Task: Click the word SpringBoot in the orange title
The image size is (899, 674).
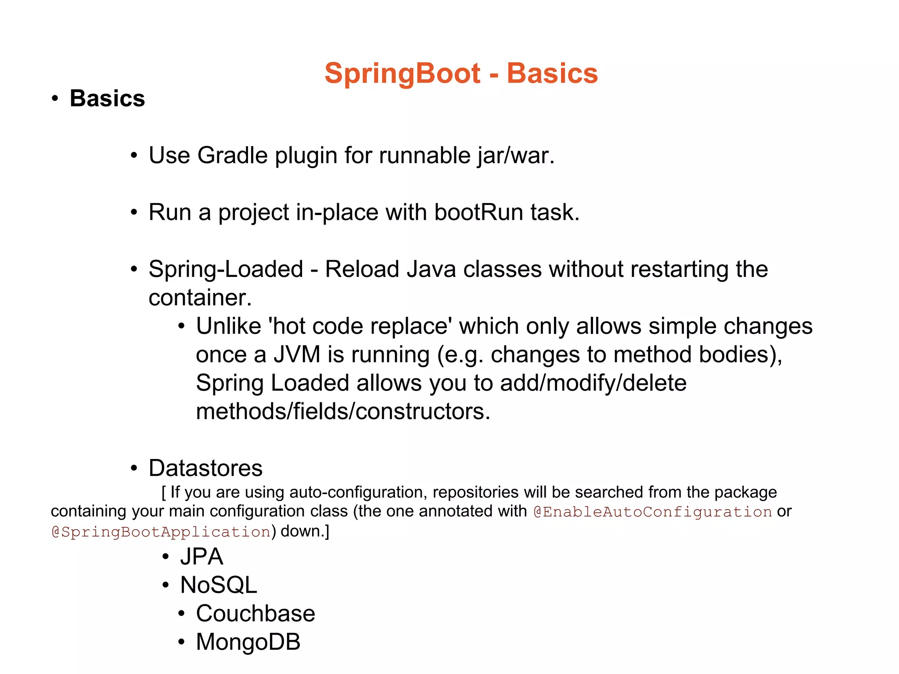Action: pos(402,73)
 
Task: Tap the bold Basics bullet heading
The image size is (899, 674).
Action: pos(107,98)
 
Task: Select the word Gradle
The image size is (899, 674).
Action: pos(232,155)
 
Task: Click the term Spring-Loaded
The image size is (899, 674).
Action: pos(226,269)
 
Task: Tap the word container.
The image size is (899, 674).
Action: pos(200,298)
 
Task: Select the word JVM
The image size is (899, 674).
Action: pos(297,355)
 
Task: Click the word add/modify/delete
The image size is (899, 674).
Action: pos(593,383)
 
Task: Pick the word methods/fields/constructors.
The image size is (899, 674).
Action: pos(342,412)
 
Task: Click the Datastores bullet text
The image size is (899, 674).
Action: pos(205,468)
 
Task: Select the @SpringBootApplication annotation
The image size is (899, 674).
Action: pos(161,532)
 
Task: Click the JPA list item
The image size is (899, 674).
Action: pos(201,557)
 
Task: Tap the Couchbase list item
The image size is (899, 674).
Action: pos(255,613)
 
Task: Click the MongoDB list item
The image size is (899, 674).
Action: pos(248,642)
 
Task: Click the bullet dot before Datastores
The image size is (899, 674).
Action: pos(134,468)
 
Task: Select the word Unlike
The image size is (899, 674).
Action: pos(228,326)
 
